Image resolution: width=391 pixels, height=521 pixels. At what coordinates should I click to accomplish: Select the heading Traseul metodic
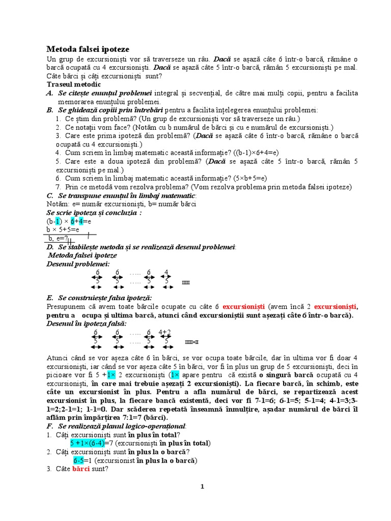(73, 84)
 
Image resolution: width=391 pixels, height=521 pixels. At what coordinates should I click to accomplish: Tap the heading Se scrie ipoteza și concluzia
(94, 213)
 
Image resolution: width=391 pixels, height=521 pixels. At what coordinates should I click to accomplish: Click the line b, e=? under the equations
(58, 238)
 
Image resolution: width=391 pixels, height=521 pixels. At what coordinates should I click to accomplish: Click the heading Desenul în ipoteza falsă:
(87, 324)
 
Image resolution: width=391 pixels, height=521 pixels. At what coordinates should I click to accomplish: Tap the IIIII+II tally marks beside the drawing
(191, 342)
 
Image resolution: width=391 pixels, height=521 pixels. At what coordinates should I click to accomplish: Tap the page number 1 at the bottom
(202, 486)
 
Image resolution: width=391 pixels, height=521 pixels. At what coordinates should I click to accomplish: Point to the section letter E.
(49, 298)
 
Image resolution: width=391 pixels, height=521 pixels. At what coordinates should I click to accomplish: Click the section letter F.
(49, 425)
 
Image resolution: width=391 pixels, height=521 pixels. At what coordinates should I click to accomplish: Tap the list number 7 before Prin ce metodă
(59, 187)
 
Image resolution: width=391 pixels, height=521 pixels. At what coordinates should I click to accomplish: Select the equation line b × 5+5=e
(64, 229)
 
